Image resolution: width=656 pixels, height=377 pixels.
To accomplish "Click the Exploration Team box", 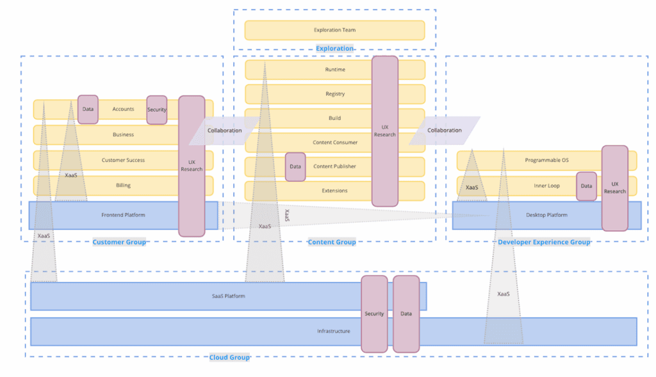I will click(334, 30).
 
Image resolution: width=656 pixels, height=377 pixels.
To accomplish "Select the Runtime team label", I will click(335, 70).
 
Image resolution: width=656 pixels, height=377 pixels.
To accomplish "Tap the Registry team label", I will click(335, 94).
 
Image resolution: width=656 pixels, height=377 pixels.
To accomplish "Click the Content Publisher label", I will click(334, 166).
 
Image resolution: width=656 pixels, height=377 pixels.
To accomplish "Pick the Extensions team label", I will click(335, 191).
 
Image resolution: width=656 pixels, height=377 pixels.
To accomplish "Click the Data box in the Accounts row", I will click(88, 109).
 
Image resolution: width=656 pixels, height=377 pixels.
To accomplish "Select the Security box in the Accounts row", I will click(157, 109).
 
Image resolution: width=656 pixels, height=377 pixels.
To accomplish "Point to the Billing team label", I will click(123, 186).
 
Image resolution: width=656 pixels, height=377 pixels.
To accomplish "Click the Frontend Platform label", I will click(123, 215).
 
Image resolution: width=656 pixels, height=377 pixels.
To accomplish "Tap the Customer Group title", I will click(119, 242).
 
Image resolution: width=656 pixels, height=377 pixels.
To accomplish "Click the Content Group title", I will click(332, 242).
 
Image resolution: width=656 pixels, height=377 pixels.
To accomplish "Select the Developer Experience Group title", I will click(544, 242).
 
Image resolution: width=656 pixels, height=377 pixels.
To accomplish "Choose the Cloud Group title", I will click(229, 357).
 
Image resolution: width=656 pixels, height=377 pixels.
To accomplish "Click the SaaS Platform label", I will click(229, 296).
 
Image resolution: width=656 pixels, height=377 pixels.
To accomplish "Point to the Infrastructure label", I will click(334, 331).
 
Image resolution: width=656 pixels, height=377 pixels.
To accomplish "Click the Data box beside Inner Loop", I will click(586, 186).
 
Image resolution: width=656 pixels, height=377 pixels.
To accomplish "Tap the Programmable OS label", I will click(546, 160).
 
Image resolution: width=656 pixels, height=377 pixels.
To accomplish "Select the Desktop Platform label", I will click(546, 215).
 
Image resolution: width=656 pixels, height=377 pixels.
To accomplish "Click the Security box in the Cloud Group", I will click(374, 314).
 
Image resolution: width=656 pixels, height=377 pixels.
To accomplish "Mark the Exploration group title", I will click(334, 48).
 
